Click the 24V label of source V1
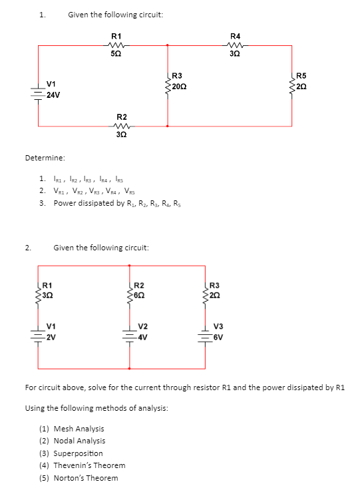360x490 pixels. pos(53,95)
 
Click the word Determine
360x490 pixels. pos(45,158)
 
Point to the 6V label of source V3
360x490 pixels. pos(218,336)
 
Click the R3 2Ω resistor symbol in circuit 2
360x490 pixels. pos(206,291)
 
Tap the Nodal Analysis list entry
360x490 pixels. pos(79,441)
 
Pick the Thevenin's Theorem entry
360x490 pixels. pos(89,465)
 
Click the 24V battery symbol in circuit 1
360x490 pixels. pos(38,91)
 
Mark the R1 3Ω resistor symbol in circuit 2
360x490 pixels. pos(38,291)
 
